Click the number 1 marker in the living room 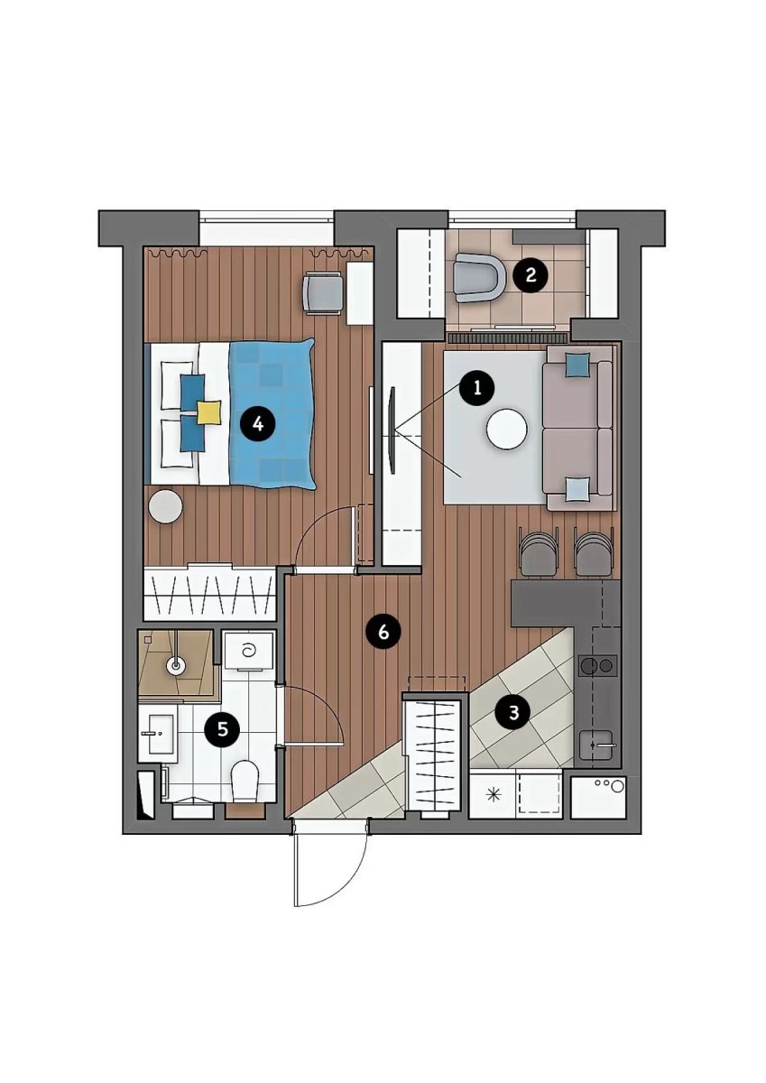coord(477,388)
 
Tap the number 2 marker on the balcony coord(531,275)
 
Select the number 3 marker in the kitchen coord(513,713)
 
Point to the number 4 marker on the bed coord(257,424)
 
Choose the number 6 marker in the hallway coord(383,633)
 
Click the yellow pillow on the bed coord(208,412)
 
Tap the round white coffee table coord(507,430)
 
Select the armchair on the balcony coord(480,279)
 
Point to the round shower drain coord(176,667)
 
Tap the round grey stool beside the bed coord(166,506)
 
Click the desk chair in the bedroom coord(322,293)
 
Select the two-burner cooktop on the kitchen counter coord(598,666)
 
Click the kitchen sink coord(597,745)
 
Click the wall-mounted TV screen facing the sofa coord(392,430)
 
